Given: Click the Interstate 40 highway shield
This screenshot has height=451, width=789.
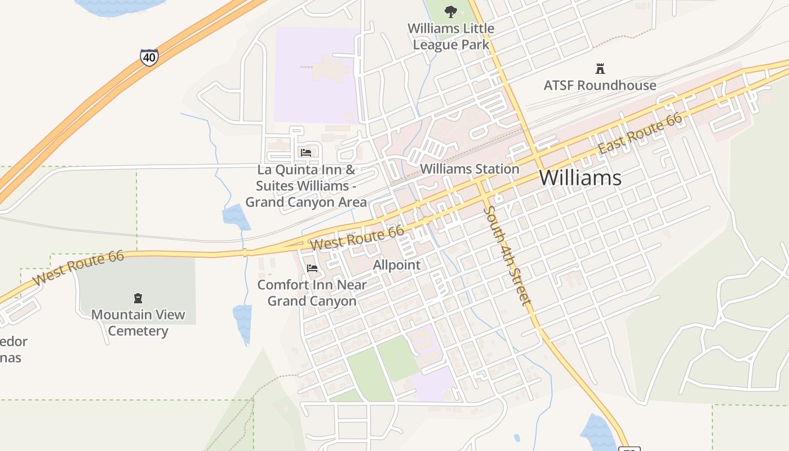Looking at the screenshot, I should click(149, 57).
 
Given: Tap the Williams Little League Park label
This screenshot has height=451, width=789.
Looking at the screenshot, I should click(451, 36).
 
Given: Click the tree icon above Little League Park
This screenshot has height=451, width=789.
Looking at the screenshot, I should click(450, 11).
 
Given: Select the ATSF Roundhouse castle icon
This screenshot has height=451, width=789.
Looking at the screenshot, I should click(600, 69).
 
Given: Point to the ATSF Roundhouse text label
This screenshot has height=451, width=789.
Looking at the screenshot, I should click(600, 86).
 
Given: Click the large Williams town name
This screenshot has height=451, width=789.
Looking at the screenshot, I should click(580, 178).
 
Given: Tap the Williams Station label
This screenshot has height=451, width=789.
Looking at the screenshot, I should click(469, 169).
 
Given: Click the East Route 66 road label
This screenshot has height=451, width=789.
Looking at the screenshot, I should click(640, 134).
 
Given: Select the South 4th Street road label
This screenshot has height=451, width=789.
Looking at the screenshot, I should click(507, 255).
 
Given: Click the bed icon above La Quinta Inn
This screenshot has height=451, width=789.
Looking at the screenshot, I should click(306, 153).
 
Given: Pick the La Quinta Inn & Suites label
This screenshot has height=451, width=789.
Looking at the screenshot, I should click(306, 185).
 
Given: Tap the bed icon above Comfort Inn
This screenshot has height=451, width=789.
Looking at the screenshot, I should click(312, 268).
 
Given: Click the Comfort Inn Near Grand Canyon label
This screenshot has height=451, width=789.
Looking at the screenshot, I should click(312, 293).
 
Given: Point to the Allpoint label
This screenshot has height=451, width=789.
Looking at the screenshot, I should click(397, 265).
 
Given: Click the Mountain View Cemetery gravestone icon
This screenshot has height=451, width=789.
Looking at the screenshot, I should click(138, 298).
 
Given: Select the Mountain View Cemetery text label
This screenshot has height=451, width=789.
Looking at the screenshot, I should click(138, 322).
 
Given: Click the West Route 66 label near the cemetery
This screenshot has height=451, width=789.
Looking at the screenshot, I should click(78, 268).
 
